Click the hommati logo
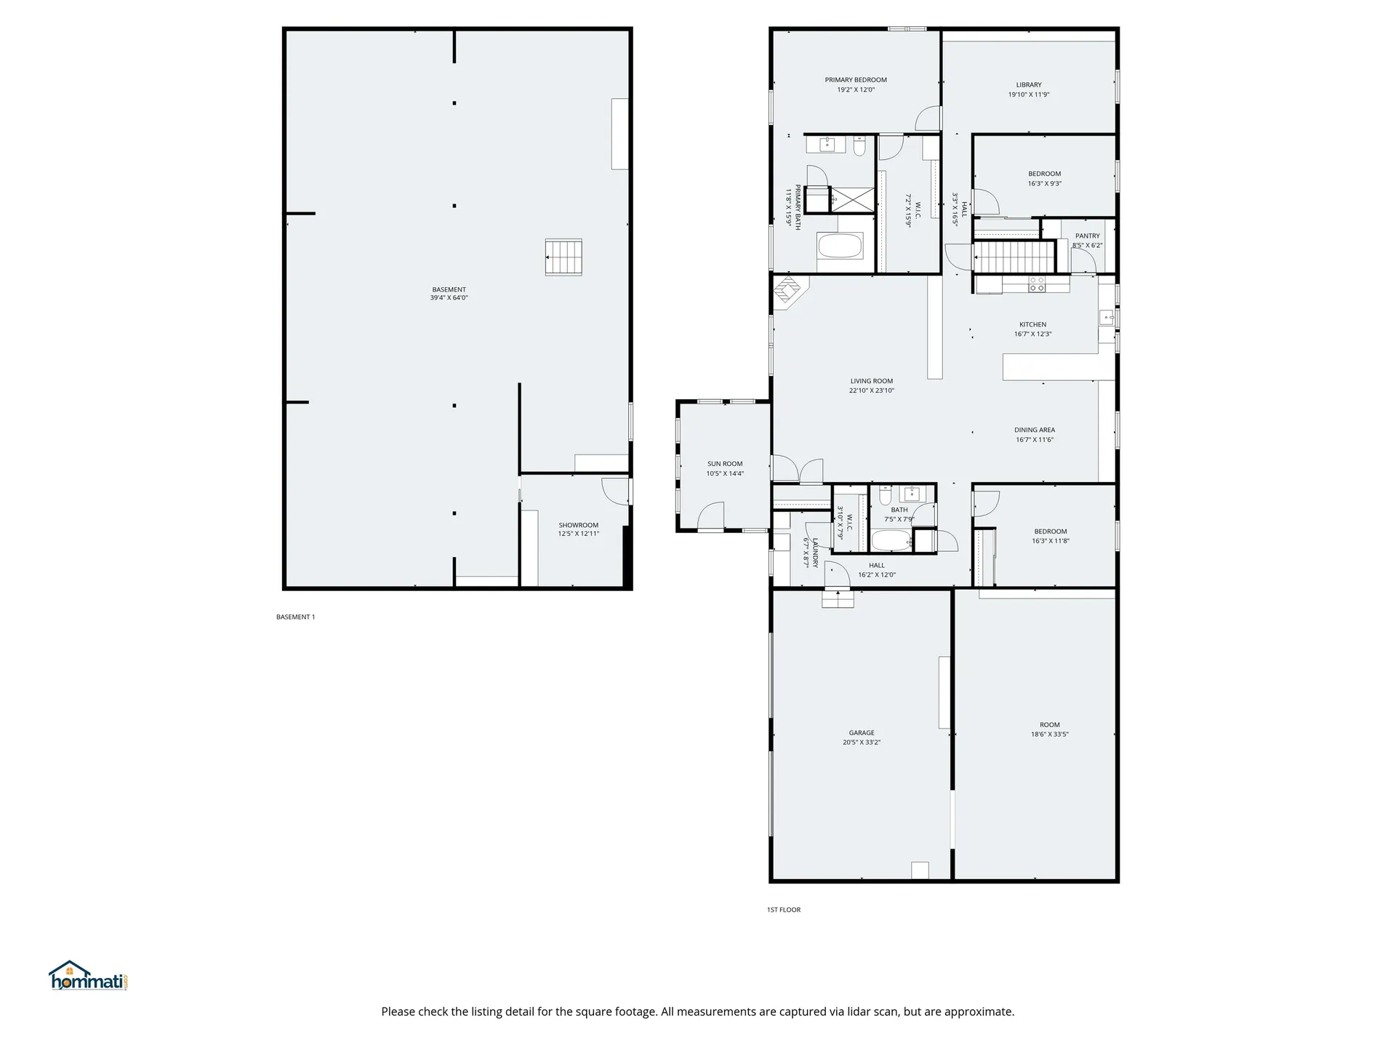coord(89,976)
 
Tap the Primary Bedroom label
coord(856,80)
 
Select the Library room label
coord(1029,85)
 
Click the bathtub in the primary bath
coord(841,246)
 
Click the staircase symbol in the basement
coord(563,257)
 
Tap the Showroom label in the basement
coord(579,525)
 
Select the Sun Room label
coord(725,464)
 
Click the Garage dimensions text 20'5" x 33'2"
coord(862,742)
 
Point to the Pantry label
coord(1088,236)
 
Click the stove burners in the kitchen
coord(1037,284)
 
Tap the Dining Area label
coord(1035,430)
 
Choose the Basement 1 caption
coord(295,617)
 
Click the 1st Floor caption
coord(784,910)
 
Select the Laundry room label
coord(815,553)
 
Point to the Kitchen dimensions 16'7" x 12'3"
coord(1033,334)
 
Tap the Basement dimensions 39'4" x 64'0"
coord(449,298)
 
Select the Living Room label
coord(872,381)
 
